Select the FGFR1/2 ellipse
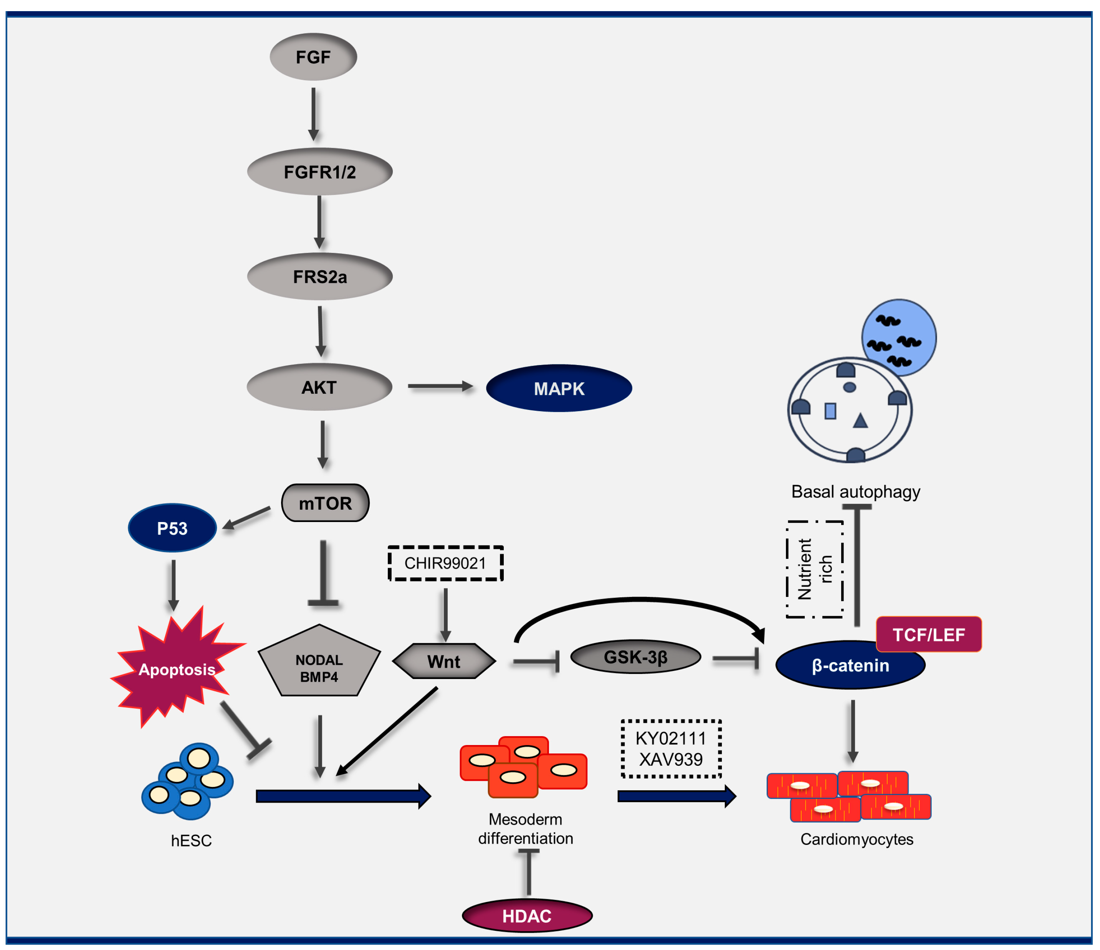[319, 172]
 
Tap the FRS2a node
[319, 276]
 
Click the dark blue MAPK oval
[559, 388]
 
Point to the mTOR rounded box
[325, 502]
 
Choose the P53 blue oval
[172, 528]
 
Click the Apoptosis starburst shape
[177, 669]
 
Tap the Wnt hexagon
[444, 661]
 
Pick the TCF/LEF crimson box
[928, 634]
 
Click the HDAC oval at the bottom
[527, 915]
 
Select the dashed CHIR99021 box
[445, 563]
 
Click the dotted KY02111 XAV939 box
[671, 749]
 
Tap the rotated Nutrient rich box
[814, 569]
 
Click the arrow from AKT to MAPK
[440, 387]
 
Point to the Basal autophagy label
[855, 491]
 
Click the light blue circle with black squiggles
[898, 337]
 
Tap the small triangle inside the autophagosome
[860, 421]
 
